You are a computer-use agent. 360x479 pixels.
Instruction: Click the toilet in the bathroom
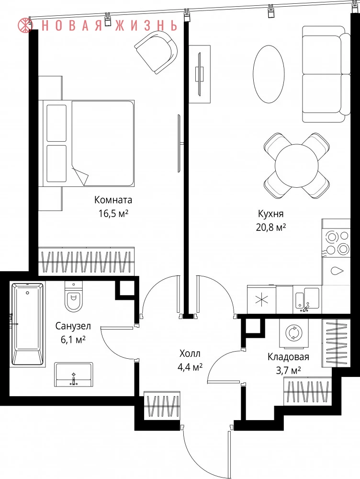click(74, 297)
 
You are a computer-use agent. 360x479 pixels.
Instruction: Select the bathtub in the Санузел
click(27, 324)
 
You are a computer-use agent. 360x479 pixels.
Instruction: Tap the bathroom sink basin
click(74, 375)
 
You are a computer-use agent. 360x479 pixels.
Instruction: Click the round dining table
click(296, 165)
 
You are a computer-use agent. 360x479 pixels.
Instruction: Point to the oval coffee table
click(269, 75)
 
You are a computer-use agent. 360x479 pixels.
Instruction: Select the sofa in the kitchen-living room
click(326, 74)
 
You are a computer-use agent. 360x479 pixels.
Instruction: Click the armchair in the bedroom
click(157, 52)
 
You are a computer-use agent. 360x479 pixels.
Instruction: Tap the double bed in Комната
click(87, 143)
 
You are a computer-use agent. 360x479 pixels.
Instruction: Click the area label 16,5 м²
click(113, 213)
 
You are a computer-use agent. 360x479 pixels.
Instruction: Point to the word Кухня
click(271, 214)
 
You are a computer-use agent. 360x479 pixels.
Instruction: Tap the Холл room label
click(190, 354)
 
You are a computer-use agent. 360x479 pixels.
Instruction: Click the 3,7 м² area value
click(288, 370)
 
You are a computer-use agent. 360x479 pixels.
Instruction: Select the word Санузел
click(73, 326)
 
